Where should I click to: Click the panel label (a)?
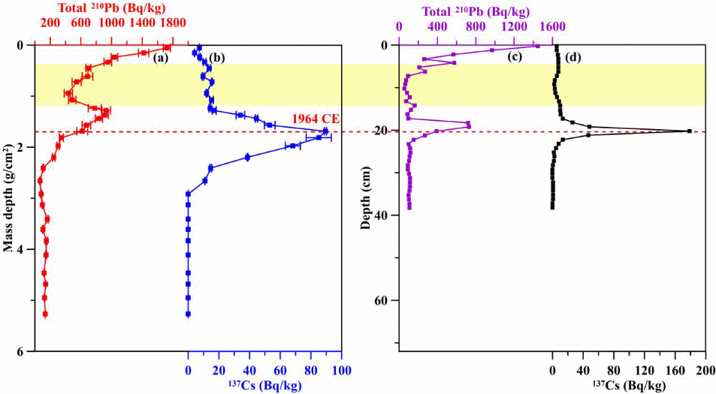160,57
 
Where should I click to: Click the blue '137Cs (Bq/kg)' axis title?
264,385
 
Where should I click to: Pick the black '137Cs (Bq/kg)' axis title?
628,385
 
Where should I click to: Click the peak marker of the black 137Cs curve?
689,131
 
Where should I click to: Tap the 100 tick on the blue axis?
341,370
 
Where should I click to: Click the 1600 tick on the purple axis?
552,26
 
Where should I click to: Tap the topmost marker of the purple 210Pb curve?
537,46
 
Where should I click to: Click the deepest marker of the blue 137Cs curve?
188,314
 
